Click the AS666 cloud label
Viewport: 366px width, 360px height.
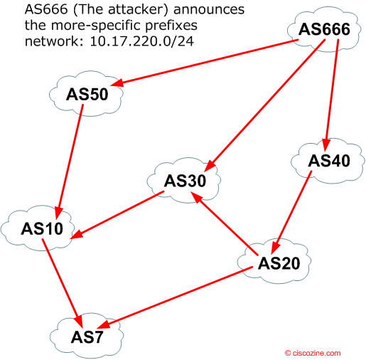click(x=324, y=29)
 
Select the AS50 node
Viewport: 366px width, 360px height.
click(x=87, y=95)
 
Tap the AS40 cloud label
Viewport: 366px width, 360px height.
click(x=329, y=161)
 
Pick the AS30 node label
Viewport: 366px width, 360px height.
click(x=185, y=181)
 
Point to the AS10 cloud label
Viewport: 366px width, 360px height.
click(x=42, y=229)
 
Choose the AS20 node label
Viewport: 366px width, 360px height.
click(x=279, y=263)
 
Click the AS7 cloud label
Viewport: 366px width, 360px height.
click(x=87, y=337)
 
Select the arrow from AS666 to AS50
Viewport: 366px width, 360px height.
click(x=205, y=63)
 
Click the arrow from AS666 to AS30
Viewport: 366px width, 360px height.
click(x=264, y=105)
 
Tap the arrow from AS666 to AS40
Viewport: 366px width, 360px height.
click(x=332, y=95)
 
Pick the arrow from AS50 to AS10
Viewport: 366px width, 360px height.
click(x=69, y=162)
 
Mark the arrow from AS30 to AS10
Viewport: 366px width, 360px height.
click(x=117, y=215)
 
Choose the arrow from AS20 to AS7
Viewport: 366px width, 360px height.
click(x=176, y=297)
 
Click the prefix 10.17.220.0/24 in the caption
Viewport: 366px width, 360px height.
click(x=142, y=41)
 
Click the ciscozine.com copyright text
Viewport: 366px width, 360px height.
click(x=313, y=353)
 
